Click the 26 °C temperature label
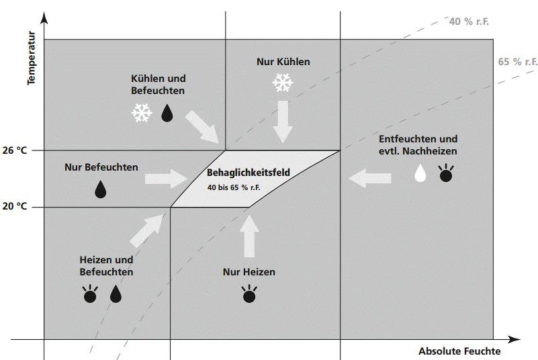[x=14, y=150]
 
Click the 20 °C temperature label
[x=14, y=206]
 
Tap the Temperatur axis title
[x=31, y=58]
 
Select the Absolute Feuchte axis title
[x=459, y=351]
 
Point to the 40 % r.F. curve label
[x=469, y=21]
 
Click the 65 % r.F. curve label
[x=517, y=62]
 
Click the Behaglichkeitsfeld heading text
[x=249, y=173]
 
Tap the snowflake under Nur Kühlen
[x=283, y=83]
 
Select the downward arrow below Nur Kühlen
[x=283, y=122]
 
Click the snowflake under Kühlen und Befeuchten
[x=142, y=113]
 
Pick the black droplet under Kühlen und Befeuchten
[x=167, y=113]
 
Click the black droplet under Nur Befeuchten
[x=101, y=189]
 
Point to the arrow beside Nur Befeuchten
[x=166, y=179]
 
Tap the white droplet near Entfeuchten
[x=420, y=173]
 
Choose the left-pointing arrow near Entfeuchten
[x=370, y=178]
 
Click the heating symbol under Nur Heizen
[x=249, y=294]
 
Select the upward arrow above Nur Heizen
[x=249, y=236]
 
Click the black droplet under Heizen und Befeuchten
[x=116, y=294]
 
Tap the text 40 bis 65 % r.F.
[x=234, y=187]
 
